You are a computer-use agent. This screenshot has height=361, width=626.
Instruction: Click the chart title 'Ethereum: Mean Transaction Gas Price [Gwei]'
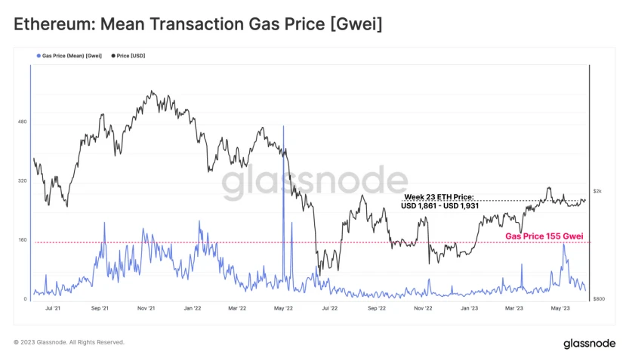pos(198,25)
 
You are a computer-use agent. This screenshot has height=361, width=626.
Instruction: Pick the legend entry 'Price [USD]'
pos(130,56)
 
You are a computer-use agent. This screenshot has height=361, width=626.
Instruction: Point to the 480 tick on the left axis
pos(22,122)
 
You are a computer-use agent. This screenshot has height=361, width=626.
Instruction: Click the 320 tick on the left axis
pos(22,181)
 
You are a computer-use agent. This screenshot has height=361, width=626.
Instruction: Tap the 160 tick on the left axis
pos(22,240)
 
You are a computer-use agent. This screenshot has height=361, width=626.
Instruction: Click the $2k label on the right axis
pos(597,191)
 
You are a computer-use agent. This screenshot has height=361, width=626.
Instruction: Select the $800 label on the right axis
pos(597,299)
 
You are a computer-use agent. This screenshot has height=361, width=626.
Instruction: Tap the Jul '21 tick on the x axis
pos(54,308)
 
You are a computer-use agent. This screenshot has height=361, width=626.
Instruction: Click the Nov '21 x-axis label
pos(146,308)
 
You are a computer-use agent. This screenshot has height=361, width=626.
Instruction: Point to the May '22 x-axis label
pos(284,308)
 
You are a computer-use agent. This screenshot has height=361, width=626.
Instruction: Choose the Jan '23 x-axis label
pos(469,308)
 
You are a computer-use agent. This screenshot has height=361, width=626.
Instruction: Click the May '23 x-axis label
pos(560,308)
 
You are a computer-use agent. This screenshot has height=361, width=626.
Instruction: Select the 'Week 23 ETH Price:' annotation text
pos(439,197)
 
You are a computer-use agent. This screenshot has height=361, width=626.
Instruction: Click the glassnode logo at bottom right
pos(588,344)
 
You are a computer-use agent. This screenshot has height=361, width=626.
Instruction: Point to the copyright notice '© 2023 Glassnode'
pos(69,342)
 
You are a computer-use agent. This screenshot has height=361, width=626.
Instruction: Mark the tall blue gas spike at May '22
pos(283,151)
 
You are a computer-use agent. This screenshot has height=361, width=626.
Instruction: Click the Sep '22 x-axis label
pos(377,308)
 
